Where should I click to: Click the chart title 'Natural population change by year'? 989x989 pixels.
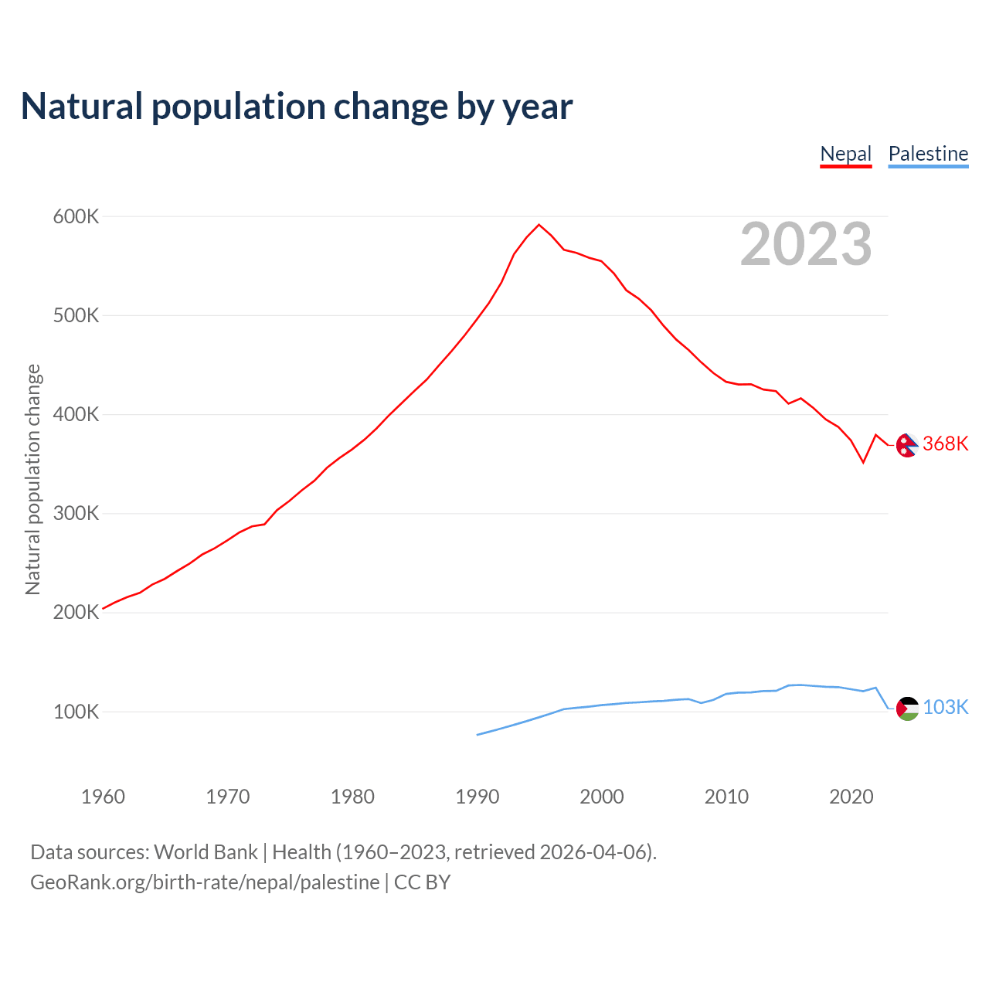click(297, 107)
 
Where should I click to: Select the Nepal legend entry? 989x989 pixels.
click(845, 154)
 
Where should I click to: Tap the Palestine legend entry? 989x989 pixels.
click(928, 154)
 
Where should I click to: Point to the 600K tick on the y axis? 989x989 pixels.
click(76, 216)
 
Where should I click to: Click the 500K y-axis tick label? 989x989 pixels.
click(76, 315)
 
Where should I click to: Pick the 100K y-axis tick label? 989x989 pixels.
click(76, 712)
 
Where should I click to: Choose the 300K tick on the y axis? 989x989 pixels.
click(76, 514)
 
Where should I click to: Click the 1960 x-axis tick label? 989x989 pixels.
click(103, 797)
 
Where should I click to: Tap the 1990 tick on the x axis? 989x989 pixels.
click(478, 797)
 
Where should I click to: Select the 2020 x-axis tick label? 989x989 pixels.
click(851, 797)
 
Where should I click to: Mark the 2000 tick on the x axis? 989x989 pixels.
click(602, 797)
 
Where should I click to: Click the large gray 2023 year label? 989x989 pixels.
click(806, 244)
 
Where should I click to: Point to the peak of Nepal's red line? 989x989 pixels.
click(539, 225)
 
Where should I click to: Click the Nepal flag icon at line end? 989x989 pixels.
click(907, 444)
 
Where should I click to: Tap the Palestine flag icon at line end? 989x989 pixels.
click(907, 708)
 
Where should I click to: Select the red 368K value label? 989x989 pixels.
click(945, 444)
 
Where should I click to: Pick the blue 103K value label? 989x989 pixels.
click(946, 707)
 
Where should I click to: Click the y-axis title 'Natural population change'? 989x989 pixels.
click(32, 479)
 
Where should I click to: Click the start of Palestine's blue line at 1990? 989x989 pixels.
click(478, 734)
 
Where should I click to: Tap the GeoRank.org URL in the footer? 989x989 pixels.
click(205, 882)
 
